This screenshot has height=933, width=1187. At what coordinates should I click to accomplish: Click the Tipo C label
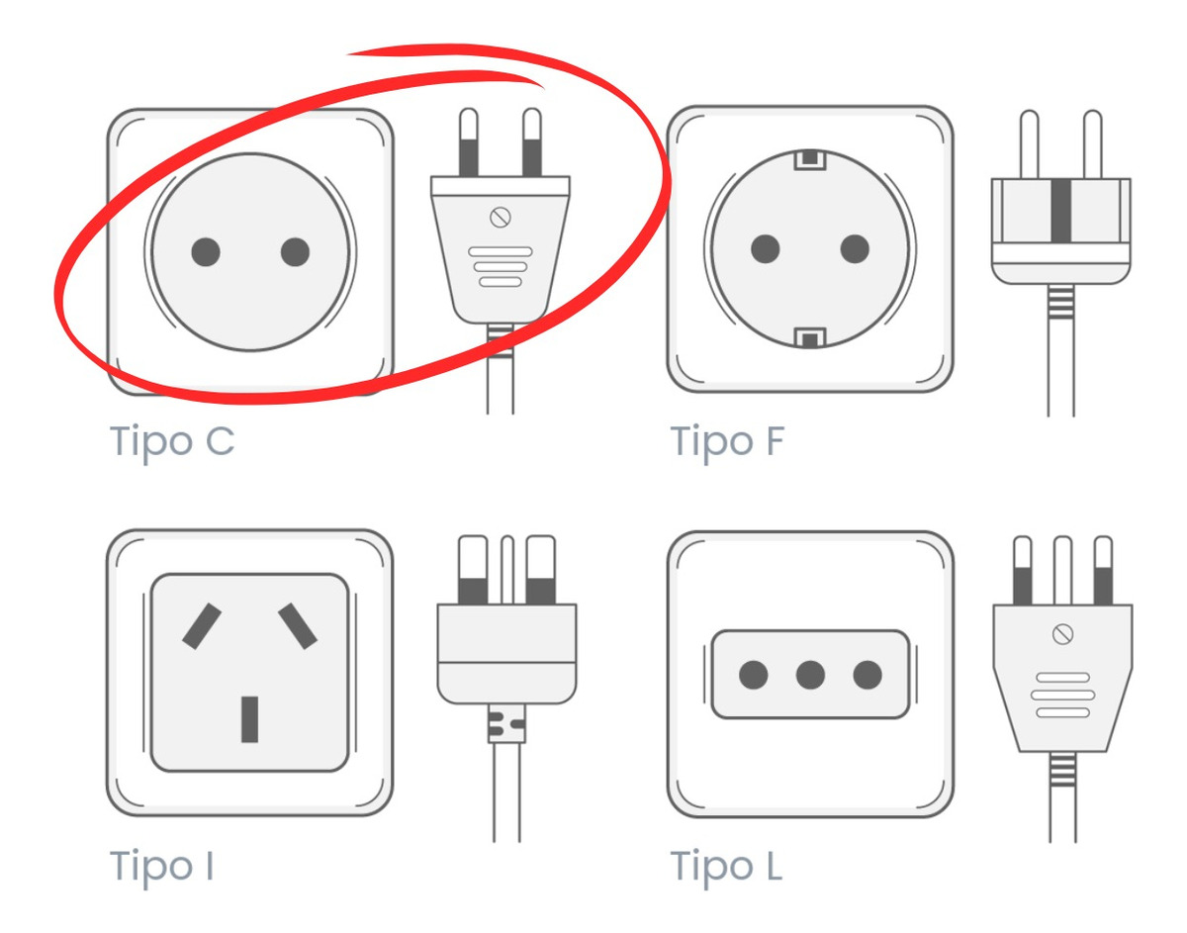pos(172,440)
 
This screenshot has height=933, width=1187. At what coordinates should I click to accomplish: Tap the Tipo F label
pos(727,440)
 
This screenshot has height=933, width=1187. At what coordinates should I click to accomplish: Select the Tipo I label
pos(161,866)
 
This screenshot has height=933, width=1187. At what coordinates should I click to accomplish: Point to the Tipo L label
pos(727,866)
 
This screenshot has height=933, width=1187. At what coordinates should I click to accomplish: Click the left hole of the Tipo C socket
pos(205,252)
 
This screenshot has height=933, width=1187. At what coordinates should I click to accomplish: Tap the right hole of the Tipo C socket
pos(295,252)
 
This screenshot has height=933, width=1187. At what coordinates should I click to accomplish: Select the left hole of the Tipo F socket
pos(765,248)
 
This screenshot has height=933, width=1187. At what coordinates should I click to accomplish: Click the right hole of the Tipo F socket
pos(855,248)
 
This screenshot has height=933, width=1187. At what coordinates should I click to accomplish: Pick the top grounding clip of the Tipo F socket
pos(810,158)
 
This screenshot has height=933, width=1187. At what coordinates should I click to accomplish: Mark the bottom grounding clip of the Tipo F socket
pos(810,339)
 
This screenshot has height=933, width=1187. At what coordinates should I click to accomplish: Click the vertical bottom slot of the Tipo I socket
pos(250,719)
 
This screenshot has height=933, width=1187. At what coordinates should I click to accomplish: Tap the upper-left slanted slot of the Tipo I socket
pos(202,626)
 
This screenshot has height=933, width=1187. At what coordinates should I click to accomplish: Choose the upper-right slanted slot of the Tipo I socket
pos(298,625)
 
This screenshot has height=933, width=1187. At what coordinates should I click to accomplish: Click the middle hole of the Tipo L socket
pos(810,676)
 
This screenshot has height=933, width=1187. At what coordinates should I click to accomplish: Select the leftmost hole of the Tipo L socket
pos(754,676)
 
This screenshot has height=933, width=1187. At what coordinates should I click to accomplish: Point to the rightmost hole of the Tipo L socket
pos(867,676)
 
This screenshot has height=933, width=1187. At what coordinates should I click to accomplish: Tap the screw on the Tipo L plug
pos(1064,634)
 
